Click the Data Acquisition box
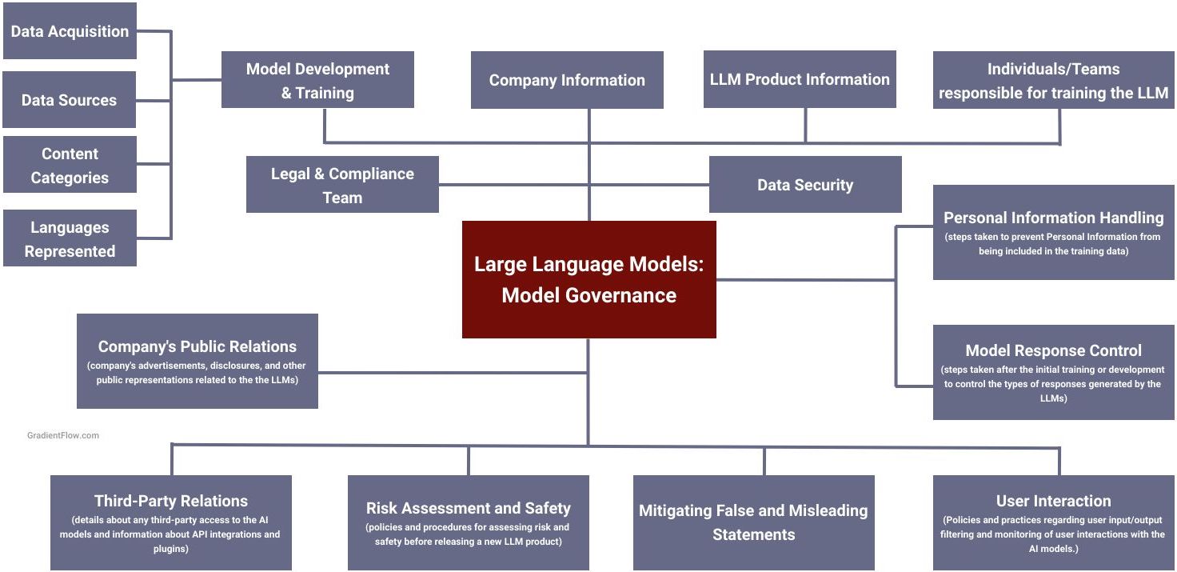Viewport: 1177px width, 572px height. (70, 31)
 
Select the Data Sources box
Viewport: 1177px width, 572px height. (69, 100)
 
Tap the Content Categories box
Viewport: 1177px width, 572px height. (70, 166)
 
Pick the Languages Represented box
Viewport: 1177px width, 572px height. (70, 239)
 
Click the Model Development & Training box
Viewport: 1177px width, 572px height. (317, 80)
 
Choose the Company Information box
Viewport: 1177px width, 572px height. (567, 80)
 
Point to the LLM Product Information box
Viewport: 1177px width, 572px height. (800, 79)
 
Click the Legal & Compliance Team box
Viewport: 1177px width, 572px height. (342, 185)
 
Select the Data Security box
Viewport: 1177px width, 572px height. (805, 185)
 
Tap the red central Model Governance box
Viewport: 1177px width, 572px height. (588, 280)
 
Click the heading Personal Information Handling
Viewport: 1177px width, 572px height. (1053, 218)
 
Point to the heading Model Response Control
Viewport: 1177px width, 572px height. (1053, 350)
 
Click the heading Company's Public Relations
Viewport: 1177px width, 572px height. (197, 346)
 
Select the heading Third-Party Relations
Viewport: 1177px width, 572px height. (170, 501)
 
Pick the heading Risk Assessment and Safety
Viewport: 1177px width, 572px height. (468, 508)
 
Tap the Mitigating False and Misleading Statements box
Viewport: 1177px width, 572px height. (753, 522)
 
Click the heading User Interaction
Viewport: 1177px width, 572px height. (1053, 501)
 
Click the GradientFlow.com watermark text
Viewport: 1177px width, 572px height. (63, 436)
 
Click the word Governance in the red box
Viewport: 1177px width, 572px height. (620, 295)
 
